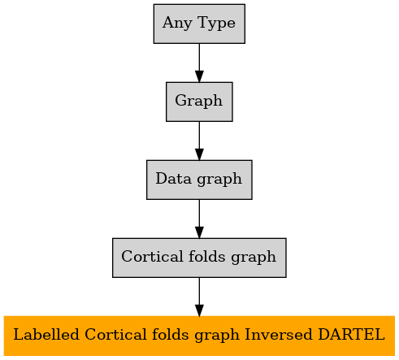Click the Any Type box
tap(199, 24)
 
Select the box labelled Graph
tap(199, 102)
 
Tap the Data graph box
tap(199, 180)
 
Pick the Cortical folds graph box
tap(199, 258)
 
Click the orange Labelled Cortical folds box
tap(199, 336)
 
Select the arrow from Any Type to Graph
tap(199, 63)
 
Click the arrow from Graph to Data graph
tap(199, 141)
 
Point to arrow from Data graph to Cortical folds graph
tap(199, 219)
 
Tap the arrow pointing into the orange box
tap(199, 297)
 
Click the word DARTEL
tap(351, 334)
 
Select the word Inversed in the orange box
tap(279, 334)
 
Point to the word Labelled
tap(46, 334)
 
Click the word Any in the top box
tap(177, 23)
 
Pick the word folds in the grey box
tap(206, 256)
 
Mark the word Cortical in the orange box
tap(115, 334)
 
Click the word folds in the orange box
tap(170, 334)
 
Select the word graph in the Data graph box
tap(219, 180)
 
